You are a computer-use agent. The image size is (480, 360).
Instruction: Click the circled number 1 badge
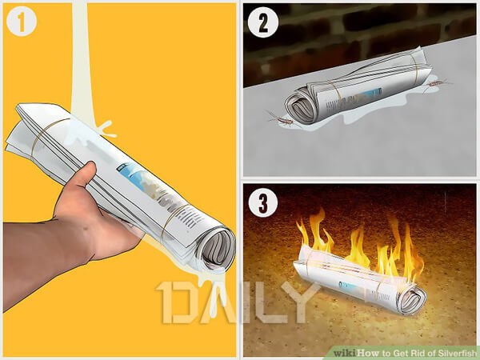coord(21,22)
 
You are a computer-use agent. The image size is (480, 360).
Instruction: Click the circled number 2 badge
coord(263,22)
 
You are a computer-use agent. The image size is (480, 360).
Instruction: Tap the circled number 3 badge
coord(263,202)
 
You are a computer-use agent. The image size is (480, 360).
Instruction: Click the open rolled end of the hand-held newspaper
coord(217,249)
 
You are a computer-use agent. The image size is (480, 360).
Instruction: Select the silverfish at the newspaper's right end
coord(436,84)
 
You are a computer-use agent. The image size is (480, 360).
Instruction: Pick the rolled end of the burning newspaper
coord(412,298)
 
